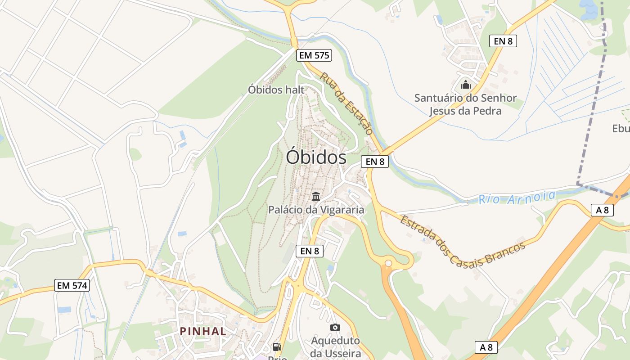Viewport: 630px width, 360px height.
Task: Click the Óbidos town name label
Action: [316, 157]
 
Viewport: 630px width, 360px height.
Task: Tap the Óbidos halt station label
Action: [276, 90]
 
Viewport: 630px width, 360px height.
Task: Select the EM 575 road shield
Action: [314, 56]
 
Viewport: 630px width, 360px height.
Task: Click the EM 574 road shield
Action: [72, 285]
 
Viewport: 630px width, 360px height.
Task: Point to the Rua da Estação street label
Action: [346, 103]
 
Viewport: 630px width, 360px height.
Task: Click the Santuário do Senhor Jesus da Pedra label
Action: [465, 104]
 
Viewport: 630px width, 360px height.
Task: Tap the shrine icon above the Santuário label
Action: [465, 85]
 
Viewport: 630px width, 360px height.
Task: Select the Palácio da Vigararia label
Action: [316, 209]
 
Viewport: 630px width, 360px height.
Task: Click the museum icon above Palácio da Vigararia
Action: [316, 196]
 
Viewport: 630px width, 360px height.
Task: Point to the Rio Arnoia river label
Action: [517, 197]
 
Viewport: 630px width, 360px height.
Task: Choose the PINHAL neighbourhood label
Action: [203, 331]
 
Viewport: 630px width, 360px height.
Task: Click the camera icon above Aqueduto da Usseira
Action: [335, 327]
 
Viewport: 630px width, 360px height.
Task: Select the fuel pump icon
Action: [277, 346]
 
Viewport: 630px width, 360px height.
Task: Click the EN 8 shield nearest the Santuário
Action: [503, 41]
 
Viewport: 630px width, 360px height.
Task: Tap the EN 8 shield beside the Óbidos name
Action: [374, 161]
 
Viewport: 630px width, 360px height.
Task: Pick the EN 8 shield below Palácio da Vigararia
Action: [310, 251]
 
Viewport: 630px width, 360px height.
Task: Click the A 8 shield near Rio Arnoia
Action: [602, 210]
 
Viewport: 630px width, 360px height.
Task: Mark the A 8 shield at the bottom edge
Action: [486, 347]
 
